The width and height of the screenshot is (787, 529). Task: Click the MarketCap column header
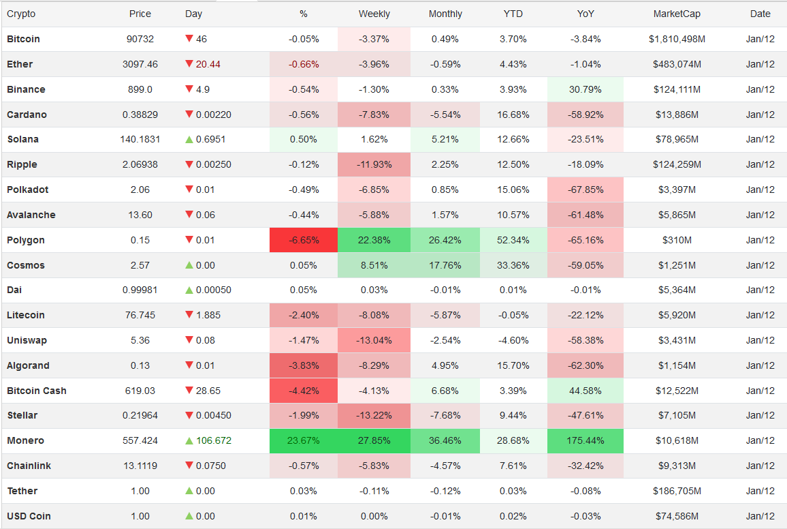pyautogui.click(x=676, y=14)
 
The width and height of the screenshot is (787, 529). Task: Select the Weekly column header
pyautogui.click(x=374, y=14)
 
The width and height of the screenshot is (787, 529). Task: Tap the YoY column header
pyautogui.click(x=585, y=14)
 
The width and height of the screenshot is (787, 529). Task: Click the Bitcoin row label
pyautogui.click(x=23, y=39)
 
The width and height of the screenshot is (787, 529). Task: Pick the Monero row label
pyautogui.click(x=25, y=440)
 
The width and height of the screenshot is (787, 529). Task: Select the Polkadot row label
pyautogui.click(x=27, y=190)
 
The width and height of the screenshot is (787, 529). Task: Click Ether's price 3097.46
pyautogui.click(x=140, y=64)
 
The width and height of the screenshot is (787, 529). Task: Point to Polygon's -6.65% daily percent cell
pyautogui.click(x=303, y=240)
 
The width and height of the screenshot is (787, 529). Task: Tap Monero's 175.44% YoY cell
pyautogui.click(x=585, y=440)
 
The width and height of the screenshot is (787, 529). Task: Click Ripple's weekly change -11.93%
pyautogui.click(x=374, y=164)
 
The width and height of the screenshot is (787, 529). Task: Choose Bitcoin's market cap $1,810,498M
pyautogui.click(x=676, y=39)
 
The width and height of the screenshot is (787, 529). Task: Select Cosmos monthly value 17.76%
pyautogui.click(x=445, y=265)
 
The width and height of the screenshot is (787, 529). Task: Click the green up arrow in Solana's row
pyautogui.click(x=189, y=139)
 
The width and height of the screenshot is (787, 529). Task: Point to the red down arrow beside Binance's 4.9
pyautogui.click(x=189, y=89)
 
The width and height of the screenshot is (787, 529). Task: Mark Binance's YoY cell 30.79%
pyautogui.click(x=585, y=89)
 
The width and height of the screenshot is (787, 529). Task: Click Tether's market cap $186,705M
pyautogui.click(x=676, y=491)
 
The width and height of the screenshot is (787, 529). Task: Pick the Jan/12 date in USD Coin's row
pyautogui.click(x=760, y=516)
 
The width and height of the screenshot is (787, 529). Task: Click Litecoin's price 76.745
pyautogui.click(x=140, y=315)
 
